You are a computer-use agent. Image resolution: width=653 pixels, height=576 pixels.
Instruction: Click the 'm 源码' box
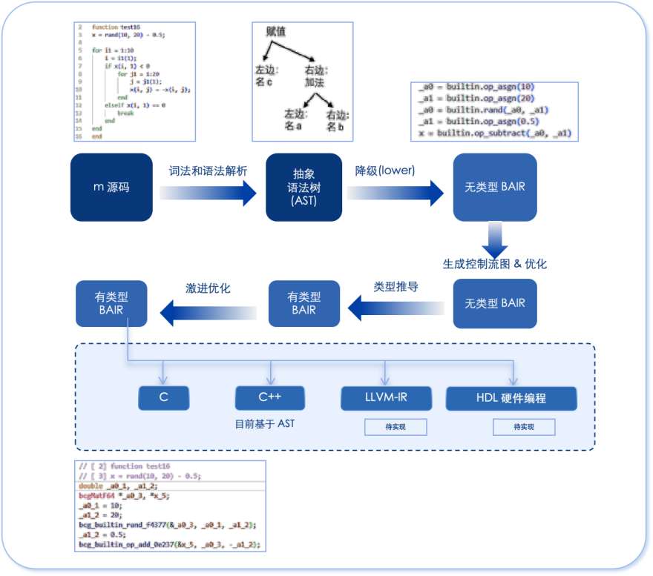coord(111,187)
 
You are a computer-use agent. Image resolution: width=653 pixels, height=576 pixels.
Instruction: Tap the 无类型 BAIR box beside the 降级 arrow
coord(494,187)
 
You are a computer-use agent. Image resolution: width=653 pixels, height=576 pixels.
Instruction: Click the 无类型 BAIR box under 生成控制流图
coord(494,303)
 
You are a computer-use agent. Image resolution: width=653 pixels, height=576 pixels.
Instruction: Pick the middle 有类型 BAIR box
coord(303,303)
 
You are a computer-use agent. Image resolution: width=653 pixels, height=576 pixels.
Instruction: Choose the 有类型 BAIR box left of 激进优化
coord(111,303)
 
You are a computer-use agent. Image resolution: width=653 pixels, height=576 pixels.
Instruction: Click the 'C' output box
coord(163,398)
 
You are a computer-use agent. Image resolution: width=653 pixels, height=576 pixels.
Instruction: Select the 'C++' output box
coord(269,398)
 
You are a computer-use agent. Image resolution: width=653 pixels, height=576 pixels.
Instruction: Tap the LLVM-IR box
coord(385,398)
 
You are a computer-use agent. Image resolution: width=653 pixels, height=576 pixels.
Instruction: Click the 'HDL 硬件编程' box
coord(511,398)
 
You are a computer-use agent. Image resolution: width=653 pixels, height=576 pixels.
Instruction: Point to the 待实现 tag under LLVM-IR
coord(395,426)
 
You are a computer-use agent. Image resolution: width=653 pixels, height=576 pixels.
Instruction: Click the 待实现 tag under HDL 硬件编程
coord(523,427)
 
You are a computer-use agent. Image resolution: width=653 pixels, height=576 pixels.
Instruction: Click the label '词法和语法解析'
coord(208,171)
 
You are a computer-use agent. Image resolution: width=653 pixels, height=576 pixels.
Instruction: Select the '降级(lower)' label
coord(385,170)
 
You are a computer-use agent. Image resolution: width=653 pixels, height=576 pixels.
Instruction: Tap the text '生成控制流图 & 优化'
coord(494,263)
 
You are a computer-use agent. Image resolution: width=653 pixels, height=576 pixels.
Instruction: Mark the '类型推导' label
coord(396,286)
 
